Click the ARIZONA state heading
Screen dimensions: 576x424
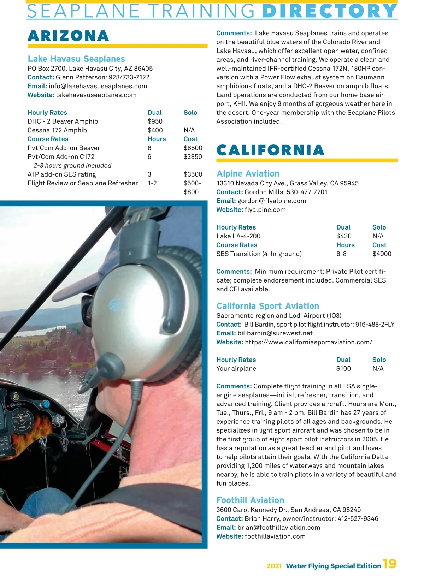[68, 36]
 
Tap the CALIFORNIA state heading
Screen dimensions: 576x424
[270, 150]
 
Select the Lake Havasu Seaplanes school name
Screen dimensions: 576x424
[76, 59]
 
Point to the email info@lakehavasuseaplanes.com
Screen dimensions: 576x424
[98, 86]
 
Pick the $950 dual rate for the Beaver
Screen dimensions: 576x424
[155, 121]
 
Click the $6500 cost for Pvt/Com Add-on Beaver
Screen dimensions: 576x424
[193, 148]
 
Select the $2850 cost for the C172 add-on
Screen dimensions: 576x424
[193, 157]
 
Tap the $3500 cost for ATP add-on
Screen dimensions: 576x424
[193, 174]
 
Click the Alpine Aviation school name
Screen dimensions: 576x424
[248, 174]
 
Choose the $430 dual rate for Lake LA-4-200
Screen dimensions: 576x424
[344, 236]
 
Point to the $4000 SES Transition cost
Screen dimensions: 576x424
[382, 254]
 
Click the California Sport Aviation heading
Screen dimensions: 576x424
[267, 306]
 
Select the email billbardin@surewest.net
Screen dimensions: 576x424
[275, 333]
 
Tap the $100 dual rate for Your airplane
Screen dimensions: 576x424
[343, 369]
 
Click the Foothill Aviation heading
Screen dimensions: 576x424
[250, 500]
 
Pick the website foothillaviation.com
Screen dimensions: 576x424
[275, 536]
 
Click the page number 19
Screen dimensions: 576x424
[390, 564]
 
